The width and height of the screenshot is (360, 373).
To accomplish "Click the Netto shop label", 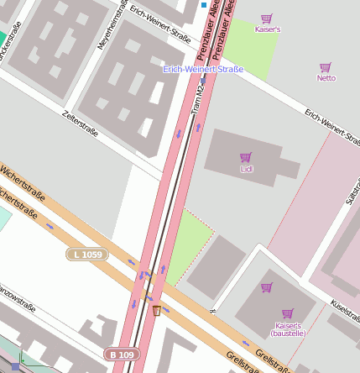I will pos(326,78).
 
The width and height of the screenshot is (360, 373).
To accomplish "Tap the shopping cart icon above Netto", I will pos(326,67).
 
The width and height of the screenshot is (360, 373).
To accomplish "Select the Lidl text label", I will pos(246,169).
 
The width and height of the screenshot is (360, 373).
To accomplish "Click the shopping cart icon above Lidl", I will pos(246,157).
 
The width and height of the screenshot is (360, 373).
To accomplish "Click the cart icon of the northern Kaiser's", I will pos(267,18).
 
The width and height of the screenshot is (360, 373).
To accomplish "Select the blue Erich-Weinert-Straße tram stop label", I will pos(203,69).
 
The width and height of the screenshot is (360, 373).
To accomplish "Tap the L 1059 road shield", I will pos(87,253).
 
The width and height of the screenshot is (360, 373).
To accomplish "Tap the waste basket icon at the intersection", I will pos(156,310).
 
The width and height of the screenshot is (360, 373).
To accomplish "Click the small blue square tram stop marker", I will pos(203,5).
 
